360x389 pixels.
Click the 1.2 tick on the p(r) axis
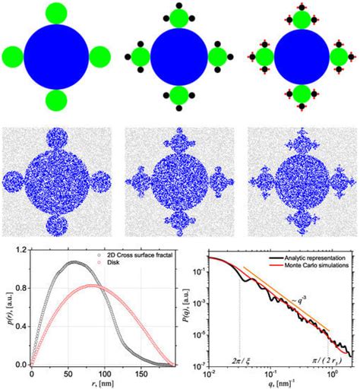point(21,250)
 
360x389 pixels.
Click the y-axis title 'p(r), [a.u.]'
point(7,307)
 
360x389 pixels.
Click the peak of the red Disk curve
point(91,285)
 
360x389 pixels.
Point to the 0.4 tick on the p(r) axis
point(21,326)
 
